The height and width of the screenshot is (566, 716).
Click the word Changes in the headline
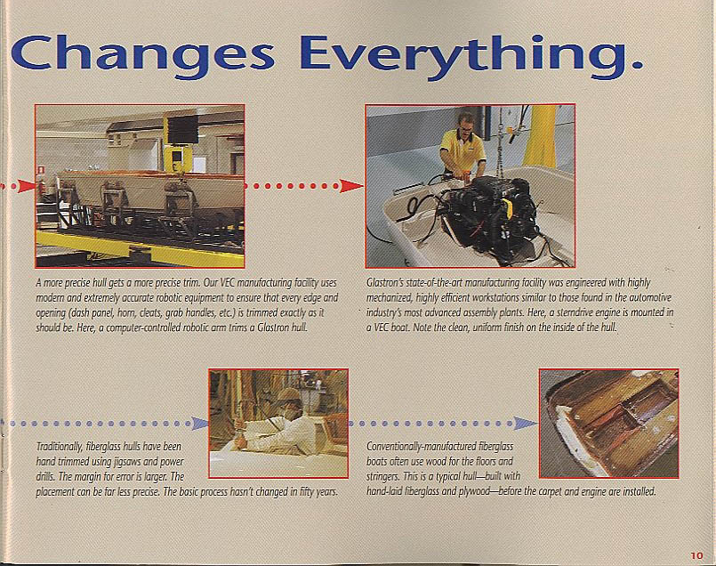point(142,55)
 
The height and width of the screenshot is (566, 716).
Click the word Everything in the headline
point(471,55)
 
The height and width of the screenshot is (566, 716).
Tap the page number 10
point(696,555)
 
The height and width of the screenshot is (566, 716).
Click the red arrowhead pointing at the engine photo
point(351,185)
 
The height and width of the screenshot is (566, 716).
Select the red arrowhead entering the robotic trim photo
point(27,186)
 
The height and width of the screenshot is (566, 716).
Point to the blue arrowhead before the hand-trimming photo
point(199,424)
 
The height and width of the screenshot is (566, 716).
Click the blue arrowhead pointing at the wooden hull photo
point(526,424)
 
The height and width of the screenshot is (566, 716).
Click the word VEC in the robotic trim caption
point(229,283)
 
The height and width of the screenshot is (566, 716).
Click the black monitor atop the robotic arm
point(182,129)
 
